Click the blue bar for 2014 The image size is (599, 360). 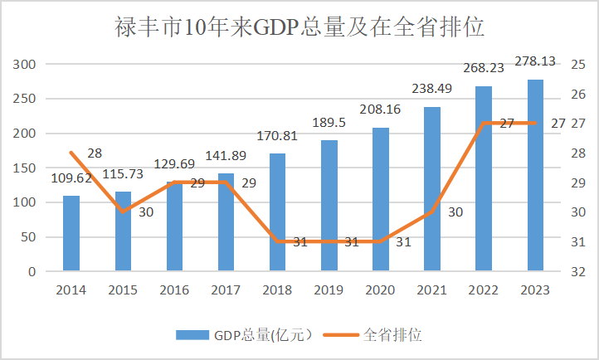tap(71, 233)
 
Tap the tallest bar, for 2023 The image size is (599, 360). tap(535, 175)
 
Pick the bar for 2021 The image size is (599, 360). tap(432, 189)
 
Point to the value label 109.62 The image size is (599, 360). tap(71, 178)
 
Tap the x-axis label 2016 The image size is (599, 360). tap(174, 290)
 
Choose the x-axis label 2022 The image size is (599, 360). tap(484, 290)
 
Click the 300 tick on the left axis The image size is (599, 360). tap(26, 65)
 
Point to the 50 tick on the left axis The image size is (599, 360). tap(29, 237)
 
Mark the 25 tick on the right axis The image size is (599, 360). tap(578, 65)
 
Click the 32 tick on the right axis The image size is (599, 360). tap(578, 272)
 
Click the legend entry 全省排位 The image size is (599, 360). tap(392, 335)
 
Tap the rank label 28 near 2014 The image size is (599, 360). tap(94, 153)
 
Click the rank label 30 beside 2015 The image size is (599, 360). tap(146, 212)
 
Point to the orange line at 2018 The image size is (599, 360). tap(278, 241)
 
